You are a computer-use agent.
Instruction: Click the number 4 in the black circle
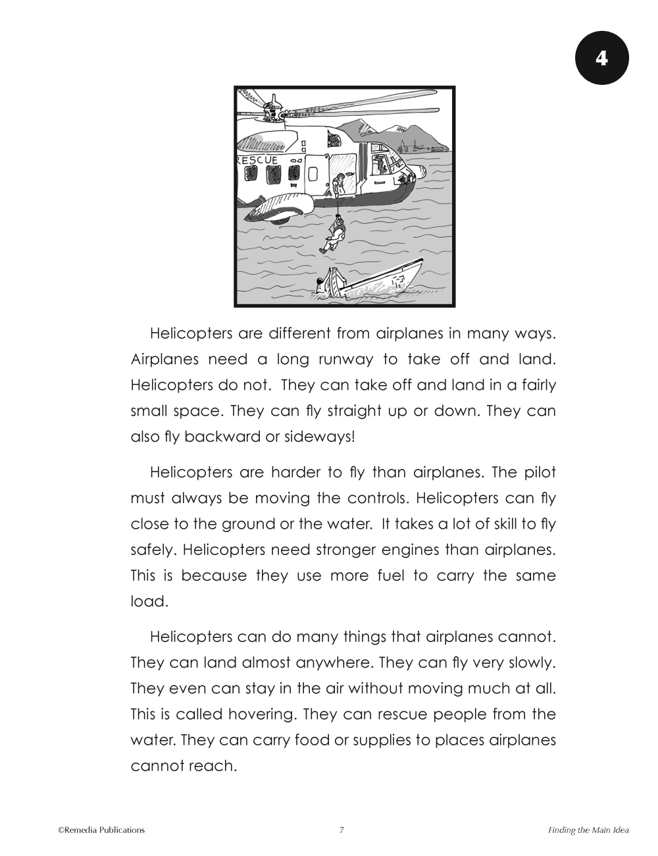602,58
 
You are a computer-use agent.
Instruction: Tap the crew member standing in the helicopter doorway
340,185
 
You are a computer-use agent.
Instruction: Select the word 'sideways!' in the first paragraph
320,437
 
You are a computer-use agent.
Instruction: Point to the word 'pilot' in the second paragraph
540,472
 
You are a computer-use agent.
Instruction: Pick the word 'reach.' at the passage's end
213,766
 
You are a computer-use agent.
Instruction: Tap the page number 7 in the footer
342,830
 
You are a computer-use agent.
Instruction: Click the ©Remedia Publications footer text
101,830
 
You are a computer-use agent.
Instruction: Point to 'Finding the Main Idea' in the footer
588,830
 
